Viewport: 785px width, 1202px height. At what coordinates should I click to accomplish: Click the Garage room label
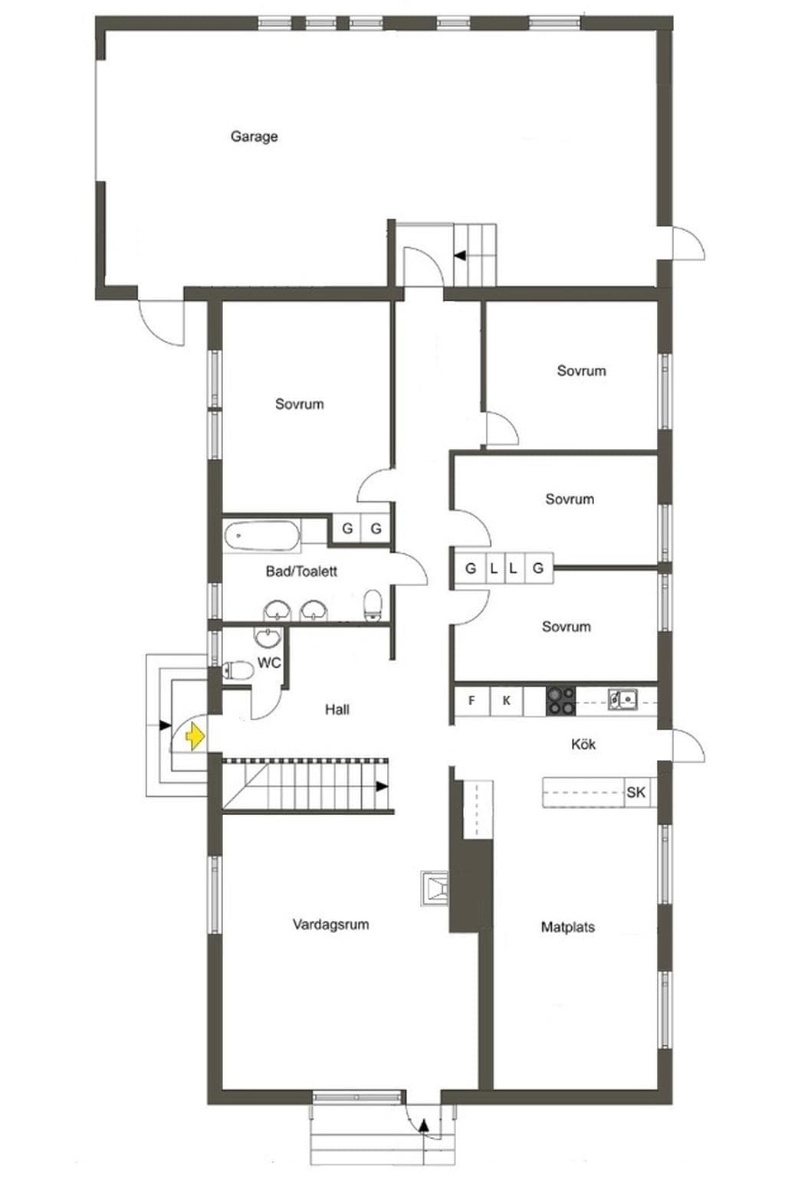pyautogui.click(x=254, y=136)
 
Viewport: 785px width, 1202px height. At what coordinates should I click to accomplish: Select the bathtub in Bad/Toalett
pyautogui.click(x=261, y=535)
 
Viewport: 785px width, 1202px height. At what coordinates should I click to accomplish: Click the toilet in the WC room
pyautogui.click(x=238, y=670)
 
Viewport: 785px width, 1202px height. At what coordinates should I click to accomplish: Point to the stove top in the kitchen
pyautogui.click(x=560, y=701)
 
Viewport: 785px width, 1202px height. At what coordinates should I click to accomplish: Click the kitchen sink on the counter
pyautogui.click(x=622, y=699)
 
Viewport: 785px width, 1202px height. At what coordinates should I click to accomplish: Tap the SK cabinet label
pyautogui.click(x=636, y=792)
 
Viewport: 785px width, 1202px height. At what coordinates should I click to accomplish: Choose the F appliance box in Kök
pyautogui.click(x=472, y=701)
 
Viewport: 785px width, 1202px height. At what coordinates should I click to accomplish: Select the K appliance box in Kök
pyautogui.click(x=506, y=701)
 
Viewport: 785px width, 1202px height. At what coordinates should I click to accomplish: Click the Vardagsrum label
pyautogui.click(x=330, y=924)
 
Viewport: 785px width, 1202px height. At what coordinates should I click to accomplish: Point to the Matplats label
pyautogui.click(x=567, y=927)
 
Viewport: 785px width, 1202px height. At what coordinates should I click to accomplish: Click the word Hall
pyautogui.click(x=337, y=709)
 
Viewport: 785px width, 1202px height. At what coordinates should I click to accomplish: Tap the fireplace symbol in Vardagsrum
pyautogui.click(x=435, y=888)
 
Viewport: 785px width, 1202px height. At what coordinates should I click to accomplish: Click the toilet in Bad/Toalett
pyautogui.click(x=373, y=604)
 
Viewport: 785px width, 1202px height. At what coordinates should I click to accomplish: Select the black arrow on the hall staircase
pyautogui.click(x=381, y=787)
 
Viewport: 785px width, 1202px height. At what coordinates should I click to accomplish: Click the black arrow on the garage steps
pyautogui.click(x=460, y=256)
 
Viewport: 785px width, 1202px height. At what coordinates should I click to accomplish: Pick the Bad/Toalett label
pyautogui.click(x=301, y=571)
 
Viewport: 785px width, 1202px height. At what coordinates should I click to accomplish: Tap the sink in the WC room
pyautogui.click(x=267, y=637)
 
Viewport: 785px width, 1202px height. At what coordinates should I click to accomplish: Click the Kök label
pyautogui.click(x=583, y=745)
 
